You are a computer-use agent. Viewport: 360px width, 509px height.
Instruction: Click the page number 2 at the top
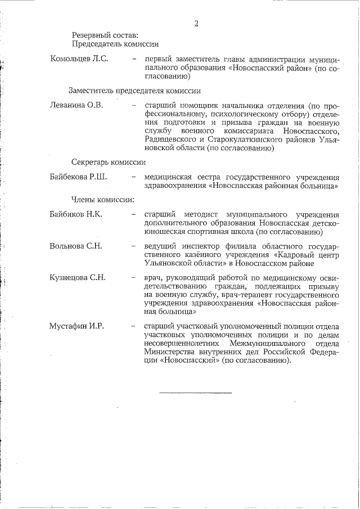(196, 23)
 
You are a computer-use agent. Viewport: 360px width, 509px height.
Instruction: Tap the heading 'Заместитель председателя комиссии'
(135, 90)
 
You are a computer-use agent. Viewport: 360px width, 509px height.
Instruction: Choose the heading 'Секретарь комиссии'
(109, 162)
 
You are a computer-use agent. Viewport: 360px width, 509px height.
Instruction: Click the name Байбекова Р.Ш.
(79, 177)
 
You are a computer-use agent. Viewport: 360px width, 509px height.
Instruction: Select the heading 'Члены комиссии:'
(102, 199)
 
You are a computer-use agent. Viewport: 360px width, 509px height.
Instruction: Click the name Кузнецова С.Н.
(78, 277)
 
